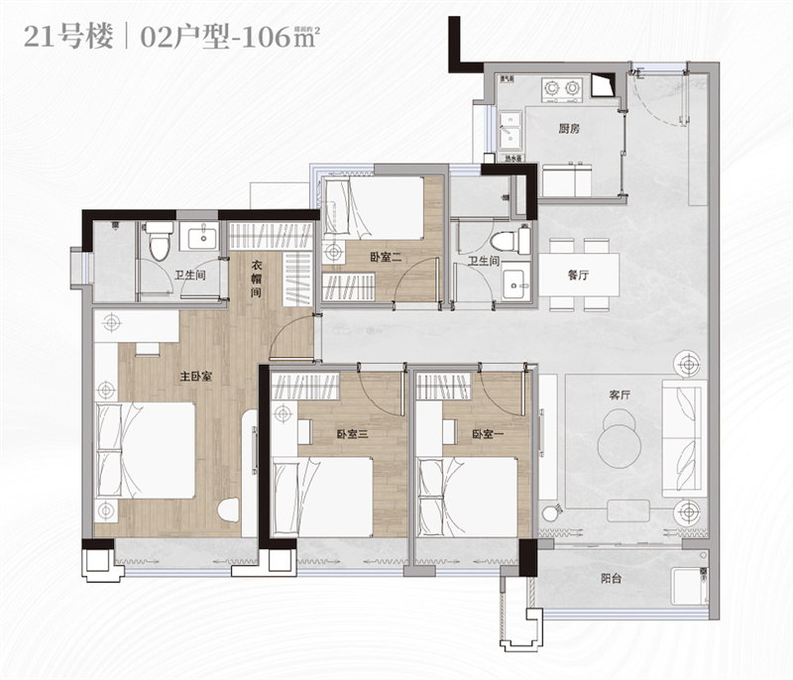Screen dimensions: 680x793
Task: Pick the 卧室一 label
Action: [x=483, y=434]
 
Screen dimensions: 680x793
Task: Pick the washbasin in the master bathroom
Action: [x=205, y=239]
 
